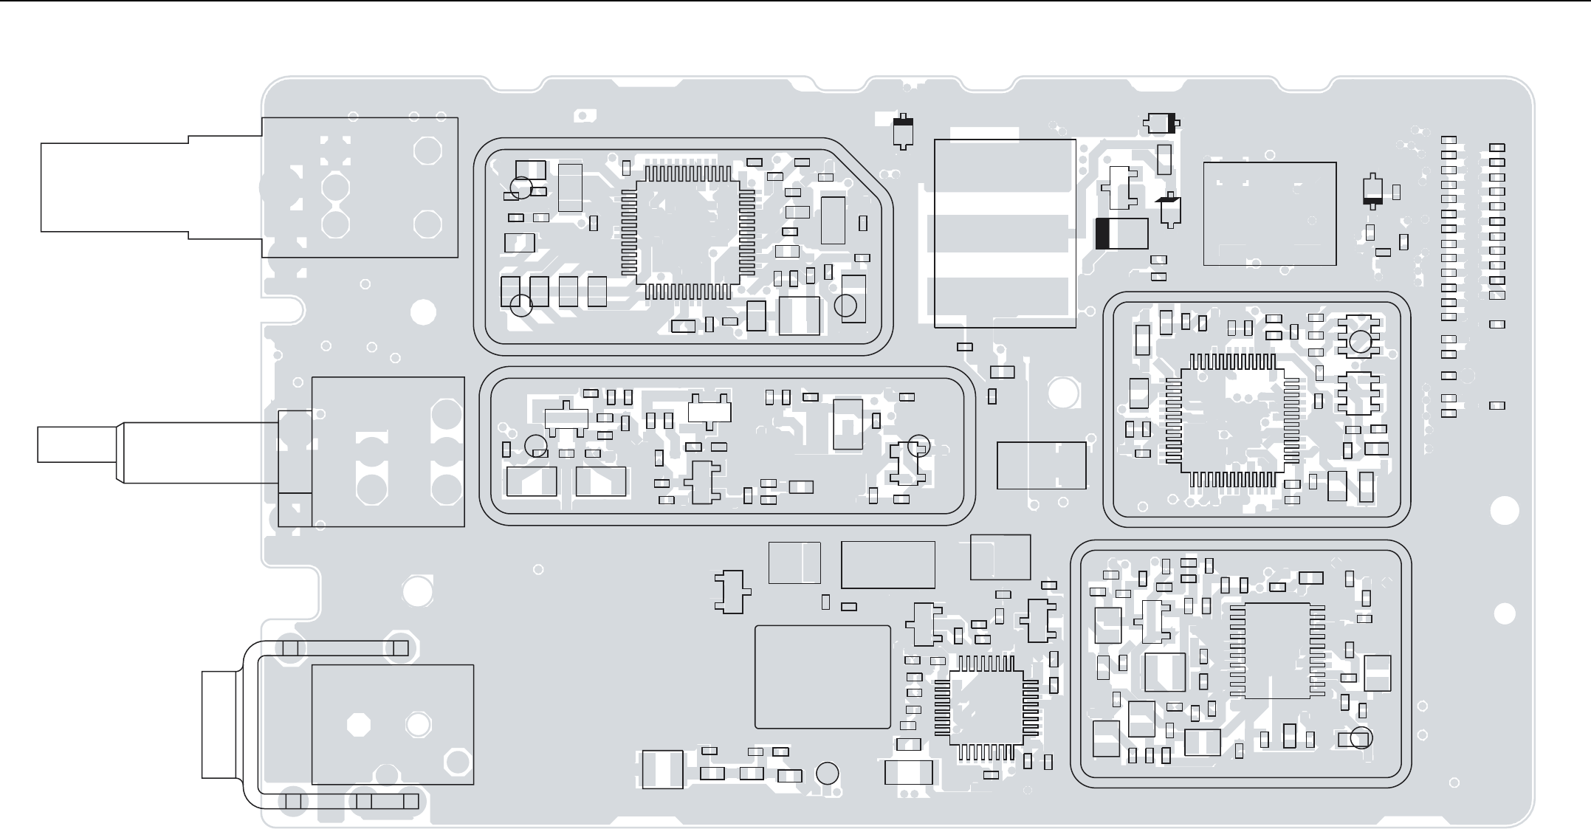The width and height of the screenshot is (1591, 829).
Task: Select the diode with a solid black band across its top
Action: [902, 131]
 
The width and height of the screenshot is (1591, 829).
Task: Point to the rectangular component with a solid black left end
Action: [1121, 234]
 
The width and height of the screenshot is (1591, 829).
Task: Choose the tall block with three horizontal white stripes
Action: [1005, 233]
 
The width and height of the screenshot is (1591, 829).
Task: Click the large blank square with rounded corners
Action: [822, 677]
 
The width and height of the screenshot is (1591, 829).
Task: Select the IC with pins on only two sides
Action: [1277, 650]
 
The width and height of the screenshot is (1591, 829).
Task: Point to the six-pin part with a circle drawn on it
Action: [1358, 337]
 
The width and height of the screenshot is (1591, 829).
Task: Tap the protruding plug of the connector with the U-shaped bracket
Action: [220, 724]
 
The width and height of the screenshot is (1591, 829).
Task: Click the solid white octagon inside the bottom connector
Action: [359, 724]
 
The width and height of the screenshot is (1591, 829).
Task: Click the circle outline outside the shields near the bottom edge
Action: [827, 773]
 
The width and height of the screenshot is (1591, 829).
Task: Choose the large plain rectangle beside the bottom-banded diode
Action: [1269, 213]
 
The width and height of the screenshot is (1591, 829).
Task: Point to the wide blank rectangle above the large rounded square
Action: [887, 565]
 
